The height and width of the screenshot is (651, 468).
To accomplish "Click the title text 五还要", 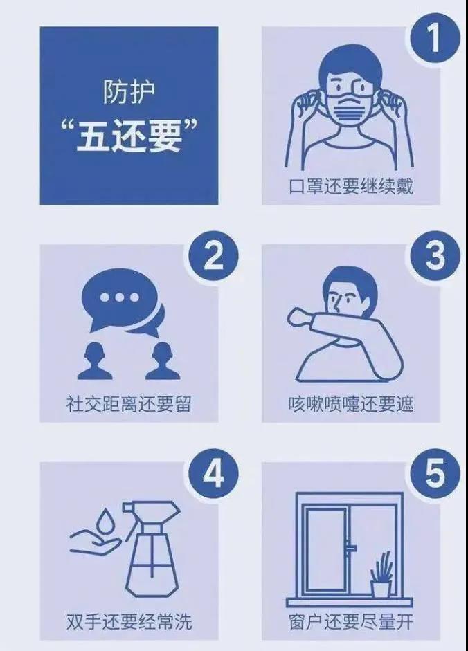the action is tap(129, 136).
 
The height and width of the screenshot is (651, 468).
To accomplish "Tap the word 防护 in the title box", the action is tap(129, 91).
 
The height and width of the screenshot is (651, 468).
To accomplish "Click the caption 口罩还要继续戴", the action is tap(351, 186).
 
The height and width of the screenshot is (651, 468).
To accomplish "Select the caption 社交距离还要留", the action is tap(129, 404).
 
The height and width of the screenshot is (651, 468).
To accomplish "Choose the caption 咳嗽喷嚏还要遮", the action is tap(351, 404).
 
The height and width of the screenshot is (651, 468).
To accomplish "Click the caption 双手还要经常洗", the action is tap(129, 622).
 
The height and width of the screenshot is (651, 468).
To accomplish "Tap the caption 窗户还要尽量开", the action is tap(351, 622).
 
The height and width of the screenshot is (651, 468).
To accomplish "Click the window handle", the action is tap(352, 548).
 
